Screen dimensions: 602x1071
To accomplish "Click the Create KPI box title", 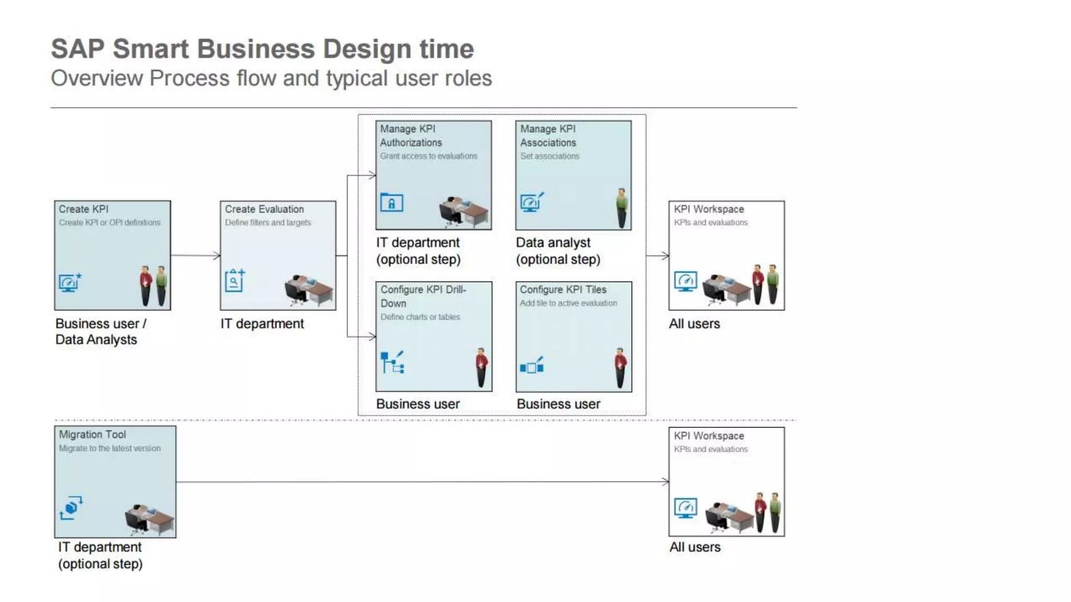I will (x=84, y=209).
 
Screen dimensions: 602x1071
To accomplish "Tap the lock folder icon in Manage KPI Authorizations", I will (x=392, y=203).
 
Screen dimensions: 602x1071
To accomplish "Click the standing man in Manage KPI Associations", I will (x=621, y=208).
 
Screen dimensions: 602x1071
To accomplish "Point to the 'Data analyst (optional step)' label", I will (x=558, y=251).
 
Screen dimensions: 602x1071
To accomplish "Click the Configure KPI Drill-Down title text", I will (x=423, y=296).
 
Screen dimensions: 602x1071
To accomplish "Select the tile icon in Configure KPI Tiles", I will (x=532, y=366).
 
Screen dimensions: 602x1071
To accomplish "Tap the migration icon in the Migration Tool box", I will (x=71, y=507).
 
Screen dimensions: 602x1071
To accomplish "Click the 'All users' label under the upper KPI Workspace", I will (x=694, y=324).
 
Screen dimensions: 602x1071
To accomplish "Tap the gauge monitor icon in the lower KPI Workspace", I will (x=685, y=507).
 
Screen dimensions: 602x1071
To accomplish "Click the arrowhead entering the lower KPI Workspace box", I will (x=666, y=481).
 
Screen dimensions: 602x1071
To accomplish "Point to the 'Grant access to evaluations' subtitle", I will (x=428, y=156).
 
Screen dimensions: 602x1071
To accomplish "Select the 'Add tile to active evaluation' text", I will (x=568, y=303).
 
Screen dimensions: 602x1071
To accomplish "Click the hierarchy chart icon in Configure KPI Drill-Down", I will (x=392, y=362).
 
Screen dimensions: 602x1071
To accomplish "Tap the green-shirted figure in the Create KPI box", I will (x=162, y=285).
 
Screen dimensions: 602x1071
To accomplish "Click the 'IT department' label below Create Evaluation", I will (x=262, y=324).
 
